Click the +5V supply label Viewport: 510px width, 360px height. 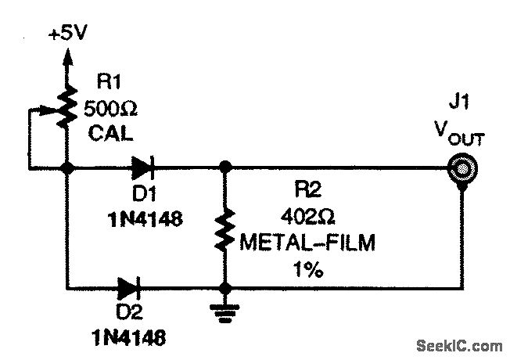[x=68, y=36]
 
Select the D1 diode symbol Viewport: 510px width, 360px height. [x=142, y=167]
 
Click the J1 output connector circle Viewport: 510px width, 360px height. [x=464, y=168]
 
